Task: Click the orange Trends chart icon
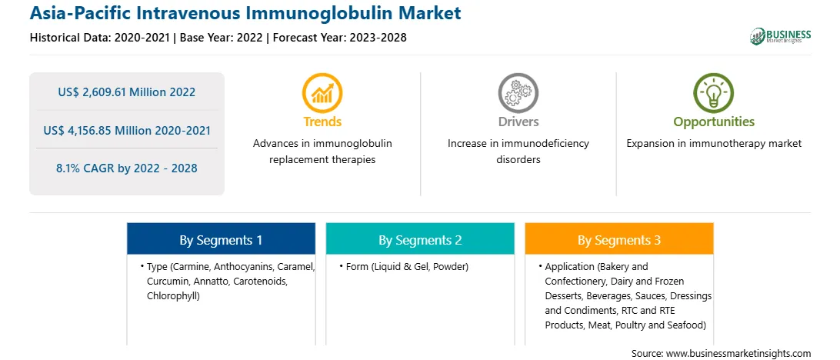(322, 92)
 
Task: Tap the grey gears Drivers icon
(518, 92)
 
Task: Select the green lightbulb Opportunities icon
(714, 92)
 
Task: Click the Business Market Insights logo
(781, 36)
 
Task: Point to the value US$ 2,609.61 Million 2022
(126, 92)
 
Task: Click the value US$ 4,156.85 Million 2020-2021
(126, 130)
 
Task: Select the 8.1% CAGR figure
(126, 168)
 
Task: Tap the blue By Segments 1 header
(221, 241)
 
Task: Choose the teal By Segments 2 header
(420, 241)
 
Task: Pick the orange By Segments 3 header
(618, 241)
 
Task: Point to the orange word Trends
(322, 122)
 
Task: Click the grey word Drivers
(518, 122)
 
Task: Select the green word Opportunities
(714, 122)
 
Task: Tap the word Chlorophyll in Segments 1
(172, 295)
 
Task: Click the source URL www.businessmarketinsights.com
(737, 353)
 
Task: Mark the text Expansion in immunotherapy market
(714, 144)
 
